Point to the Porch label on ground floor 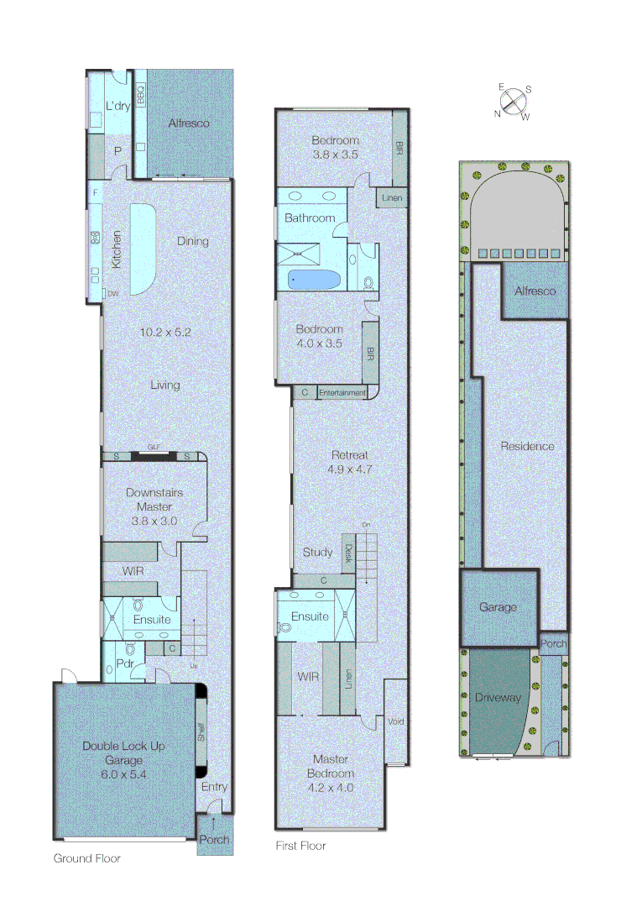click(213, 839)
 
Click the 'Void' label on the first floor click(396, 721)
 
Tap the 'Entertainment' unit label click(342, 392)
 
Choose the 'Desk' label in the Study click(348, 552)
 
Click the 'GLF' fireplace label click(154, 448)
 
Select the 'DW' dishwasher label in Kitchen click(113, 292)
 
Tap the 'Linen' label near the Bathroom click(392, 198)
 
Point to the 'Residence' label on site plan click(527, 446)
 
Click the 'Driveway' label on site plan click(498, 698)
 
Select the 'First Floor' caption click(300, 846)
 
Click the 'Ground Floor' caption click(87, 858)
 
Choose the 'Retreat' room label click(350, 455)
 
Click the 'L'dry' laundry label click(116, 106)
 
